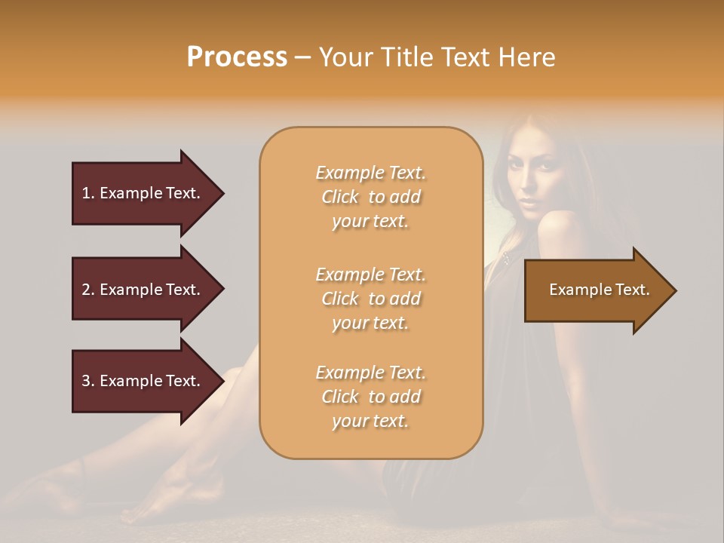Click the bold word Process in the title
pos(237,57)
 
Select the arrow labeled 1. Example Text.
pos(141,193)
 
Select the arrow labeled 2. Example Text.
pos(141,290)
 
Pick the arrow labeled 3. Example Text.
pos(141,381)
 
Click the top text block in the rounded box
pos(370,197)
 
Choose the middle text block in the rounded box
pos(370,299)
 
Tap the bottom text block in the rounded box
pos(370,397)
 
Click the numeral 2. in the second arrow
pos(87,290)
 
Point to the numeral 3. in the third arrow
pos(87,381)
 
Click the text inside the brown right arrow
pos(599,290)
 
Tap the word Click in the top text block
pos(340,197)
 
